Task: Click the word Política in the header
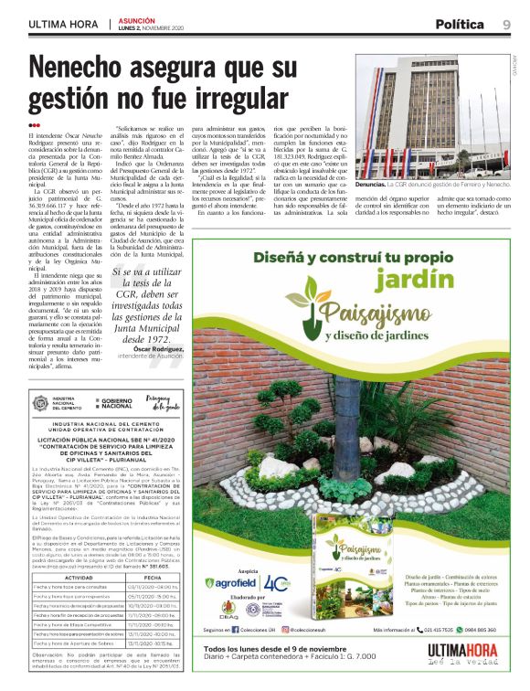point(461,24)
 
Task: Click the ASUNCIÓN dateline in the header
point(134,18)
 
